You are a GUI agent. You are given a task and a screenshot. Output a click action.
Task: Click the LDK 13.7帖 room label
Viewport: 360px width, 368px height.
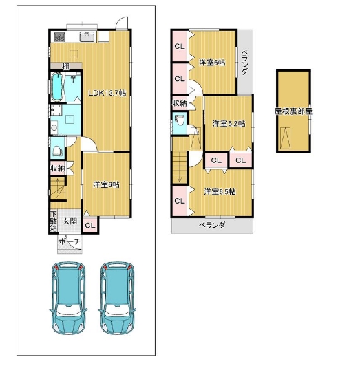coord(107,93)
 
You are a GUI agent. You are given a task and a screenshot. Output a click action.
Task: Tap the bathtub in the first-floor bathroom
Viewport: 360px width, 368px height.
coord(58,87)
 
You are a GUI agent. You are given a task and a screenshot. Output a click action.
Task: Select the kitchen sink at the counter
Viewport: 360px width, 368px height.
coord(87,36)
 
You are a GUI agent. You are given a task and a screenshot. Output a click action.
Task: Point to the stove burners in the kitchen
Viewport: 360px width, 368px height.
coord(59,37)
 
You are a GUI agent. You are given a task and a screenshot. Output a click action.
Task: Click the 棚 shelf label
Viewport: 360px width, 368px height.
coord(66,67)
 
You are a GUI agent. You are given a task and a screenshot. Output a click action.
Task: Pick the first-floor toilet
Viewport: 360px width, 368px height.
coord(57,149)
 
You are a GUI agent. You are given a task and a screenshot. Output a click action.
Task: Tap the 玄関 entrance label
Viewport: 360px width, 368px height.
coord(70,221)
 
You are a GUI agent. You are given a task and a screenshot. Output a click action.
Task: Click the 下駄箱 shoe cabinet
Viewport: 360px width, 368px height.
coord(54,221)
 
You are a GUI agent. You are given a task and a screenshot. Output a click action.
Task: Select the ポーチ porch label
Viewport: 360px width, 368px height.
coord(70,241)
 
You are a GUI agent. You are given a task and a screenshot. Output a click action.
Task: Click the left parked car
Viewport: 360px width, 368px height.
coord(68,298)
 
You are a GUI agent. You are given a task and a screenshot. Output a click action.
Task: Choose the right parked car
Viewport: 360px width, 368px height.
coord(117,298)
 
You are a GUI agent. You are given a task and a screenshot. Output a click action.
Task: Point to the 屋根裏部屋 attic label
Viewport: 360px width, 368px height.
coord(293,111)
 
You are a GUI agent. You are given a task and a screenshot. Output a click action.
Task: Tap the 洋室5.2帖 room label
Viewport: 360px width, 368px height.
coord(229,123)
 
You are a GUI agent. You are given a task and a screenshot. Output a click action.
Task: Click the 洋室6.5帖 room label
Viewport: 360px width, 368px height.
coord(220,192)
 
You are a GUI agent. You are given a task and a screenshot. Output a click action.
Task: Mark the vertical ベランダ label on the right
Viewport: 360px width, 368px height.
coord(244,62)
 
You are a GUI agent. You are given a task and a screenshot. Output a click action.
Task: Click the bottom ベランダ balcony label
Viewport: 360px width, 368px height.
coord(212,226)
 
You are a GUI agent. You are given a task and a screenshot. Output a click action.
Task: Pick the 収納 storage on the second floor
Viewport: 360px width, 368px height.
coord(180,103)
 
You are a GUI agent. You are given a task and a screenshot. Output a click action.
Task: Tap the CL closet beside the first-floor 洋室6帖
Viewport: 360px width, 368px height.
coord(90,226)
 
